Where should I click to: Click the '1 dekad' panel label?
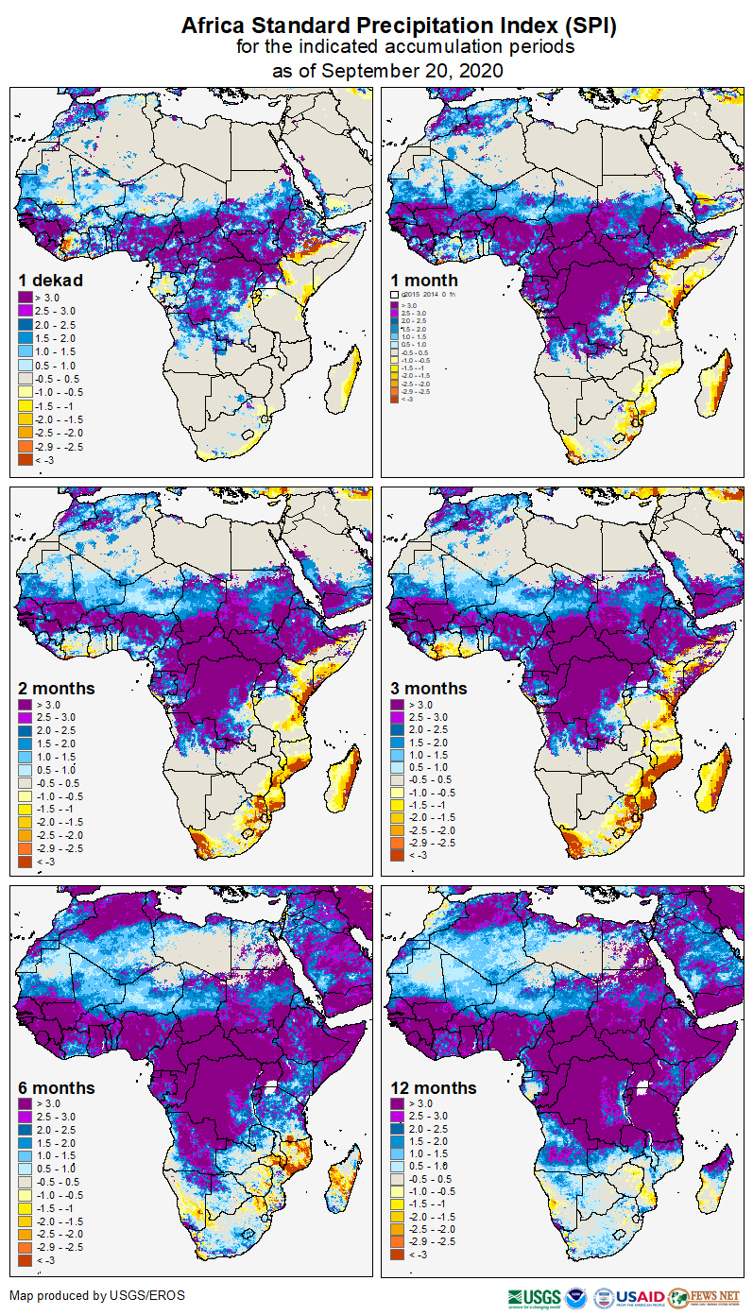pyautogui.click(x=51, y=280)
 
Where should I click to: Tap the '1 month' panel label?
pyautogui.click(x=424, y=280)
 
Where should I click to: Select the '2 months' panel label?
pyautogui.click(x=56, y=688)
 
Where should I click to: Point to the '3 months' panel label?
pyautogui.click(x=429, y=688)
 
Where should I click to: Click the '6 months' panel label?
pyautogui.click(x=56, y=1087)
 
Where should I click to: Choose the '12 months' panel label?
pyautogui.click(x=433, y=1087)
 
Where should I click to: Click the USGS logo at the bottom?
pyautogui.click(x=534, y=1296)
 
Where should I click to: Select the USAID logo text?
pyautogui.click(x=642, y=1296)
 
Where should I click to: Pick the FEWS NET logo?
pyautogui.click(x=704, y=1296)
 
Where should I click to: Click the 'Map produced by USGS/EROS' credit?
pyautogui.click(x=97, y=1295)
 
